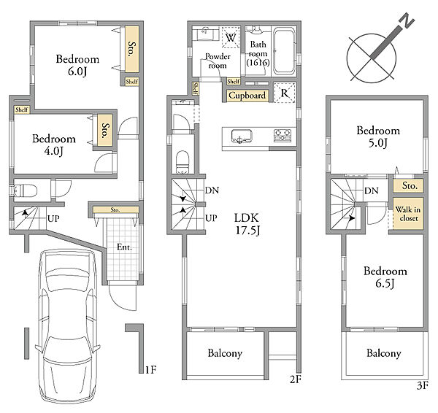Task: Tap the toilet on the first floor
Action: [x=26, y=190]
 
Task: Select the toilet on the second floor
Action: [x=182, y=162]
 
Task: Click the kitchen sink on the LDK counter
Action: [x=242, y=136]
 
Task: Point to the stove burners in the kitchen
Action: [x=283, y=136]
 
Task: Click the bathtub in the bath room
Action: [x=284, y=51]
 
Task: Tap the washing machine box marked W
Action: [x=231, y=37]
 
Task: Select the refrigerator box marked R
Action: [x=285, y=93]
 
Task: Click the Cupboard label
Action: [x=247, y=95]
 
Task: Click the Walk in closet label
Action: [x=408, y=214]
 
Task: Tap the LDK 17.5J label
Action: [x=247, y=224]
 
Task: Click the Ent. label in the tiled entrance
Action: [x=124, y=247]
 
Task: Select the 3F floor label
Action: [x=423, y=385]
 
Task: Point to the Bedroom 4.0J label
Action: [x=54, y=144]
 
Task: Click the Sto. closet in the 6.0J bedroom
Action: [x=131, y=49]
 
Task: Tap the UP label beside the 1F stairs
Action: [x=53, y=218]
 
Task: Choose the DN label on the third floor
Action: [x=372, y=190]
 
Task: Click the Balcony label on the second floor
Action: [x=225, y=353]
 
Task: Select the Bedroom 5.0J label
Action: [x=378, y=136]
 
